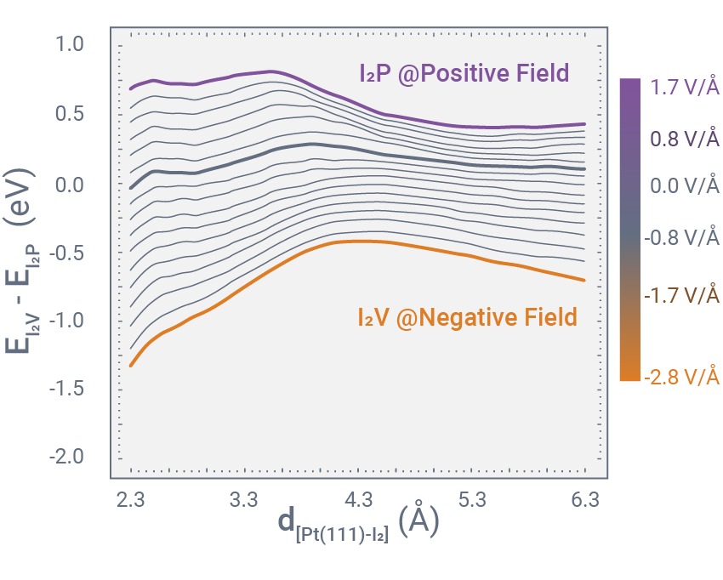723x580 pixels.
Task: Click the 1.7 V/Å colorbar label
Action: tap(681, 88)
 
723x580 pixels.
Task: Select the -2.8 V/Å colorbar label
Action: tap(680, 377)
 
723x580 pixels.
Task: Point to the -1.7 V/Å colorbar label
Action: tap(680, 296)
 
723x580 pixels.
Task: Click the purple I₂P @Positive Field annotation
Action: tap(464, 74)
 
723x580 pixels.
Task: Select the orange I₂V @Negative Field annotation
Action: tap(467, 318)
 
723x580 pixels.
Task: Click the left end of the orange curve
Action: tap(131, 366)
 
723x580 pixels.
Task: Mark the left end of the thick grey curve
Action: tap(131, 187)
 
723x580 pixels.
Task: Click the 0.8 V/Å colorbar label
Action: tap(681, 139)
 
